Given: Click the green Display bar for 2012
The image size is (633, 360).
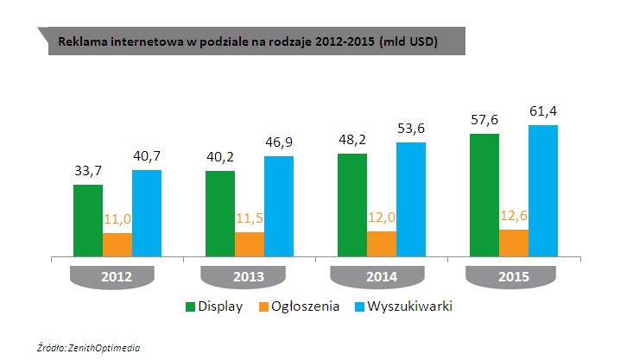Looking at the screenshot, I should pyautogui.click(x=88, y=220).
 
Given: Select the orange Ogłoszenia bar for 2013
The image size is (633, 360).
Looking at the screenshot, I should pyautogui.click(x=250, y=244).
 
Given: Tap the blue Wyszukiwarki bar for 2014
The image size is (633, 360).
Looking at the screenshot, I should pyautogui.click(x=411, y=199).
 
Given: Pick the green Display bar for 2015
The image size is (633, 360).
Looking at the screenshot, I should pyautogui.click(x=484, y=195).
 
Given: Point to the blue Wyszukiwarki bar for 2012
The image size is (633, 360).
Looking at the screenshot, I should pyautogui.click(x=147, y=213).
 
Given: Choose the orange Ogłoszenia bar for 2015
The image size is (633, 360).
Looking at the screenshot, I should pyautogui.click(x=514, y=243).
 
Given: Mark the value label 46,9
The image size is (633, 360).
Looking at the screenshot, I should pyautogui.click(x=279, y=142).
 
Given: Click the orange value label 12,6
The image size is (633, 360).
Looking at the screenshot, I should pyautogui.click(x=514, y=214).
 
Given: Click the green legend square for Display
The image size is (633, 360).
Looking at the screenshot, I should pyautogui.click(x=190, y=306).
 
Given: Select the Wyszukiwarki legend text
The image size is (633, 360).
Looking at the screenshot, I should pyautogui.click(x=410, y=306).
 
